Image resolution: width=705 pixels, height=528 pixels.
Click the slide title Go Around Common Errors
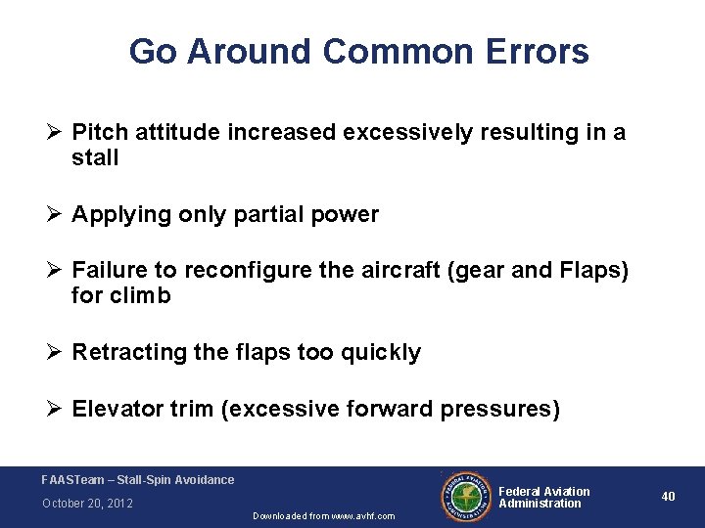(358, 51)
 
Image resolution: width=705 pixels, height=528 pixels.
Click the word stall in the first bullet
(95, 158)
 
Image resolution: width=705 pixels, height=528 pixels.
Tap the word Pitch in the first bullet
(97, 133)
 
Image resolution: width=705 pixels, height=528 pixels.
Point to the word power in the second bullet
(346, 215)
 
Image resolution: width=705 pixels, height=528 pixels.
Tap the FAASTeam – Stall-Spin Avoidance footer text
(138, 479)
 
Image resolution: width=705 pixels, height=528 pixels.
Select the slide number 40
(668, 497)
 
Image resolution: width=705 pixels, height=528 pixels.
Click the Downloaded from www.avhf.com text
(323, 515)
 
